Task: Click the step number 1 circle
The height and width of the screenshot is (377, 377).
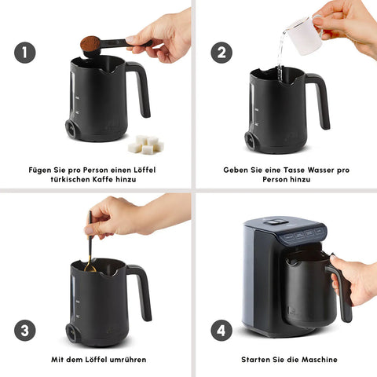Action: pyautogui.click(x=25, y=53)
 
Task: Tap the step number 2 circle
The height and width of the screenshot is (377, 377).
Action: pyautogui.click(x=221, y=53)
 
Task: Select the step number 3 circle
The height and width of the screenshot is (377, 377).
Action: pyautogui.click(x=25, y=331)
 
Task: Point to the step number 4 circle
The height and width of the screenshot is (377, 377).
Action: pyautogui.click(x=221, y=331)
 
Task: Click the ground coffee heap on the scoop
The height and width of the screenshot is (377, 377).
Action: pyautogui.click(x=90, y=43)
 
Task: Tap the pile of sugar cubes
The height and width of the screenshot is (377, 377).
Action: pyautogui.click(x=146, y=145)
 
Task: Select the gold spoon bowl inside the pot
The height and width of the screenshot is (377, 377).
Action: pyautogui.click(x=90, y=268)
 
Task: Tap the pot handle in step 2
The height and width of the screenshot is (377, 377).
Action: pyautogui.click(x=318, y=100)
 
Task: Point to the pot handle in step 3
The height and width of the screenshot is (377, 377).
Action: pyautogui.click(x=140, y=291)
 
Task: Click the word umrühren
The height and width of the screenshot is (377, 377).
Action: pyautogui.click(x=128, y=360)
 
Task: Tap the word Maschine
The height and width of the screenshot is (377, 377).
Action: pyautogui.click(x=320, y=360)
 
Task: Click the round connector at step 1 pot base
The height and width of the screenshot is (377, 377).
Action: pyautogui.click(x=71, y=129)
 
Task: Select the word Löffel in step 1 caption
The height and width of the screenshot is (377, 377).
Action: pyautogui.click(x=145, y=170)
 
